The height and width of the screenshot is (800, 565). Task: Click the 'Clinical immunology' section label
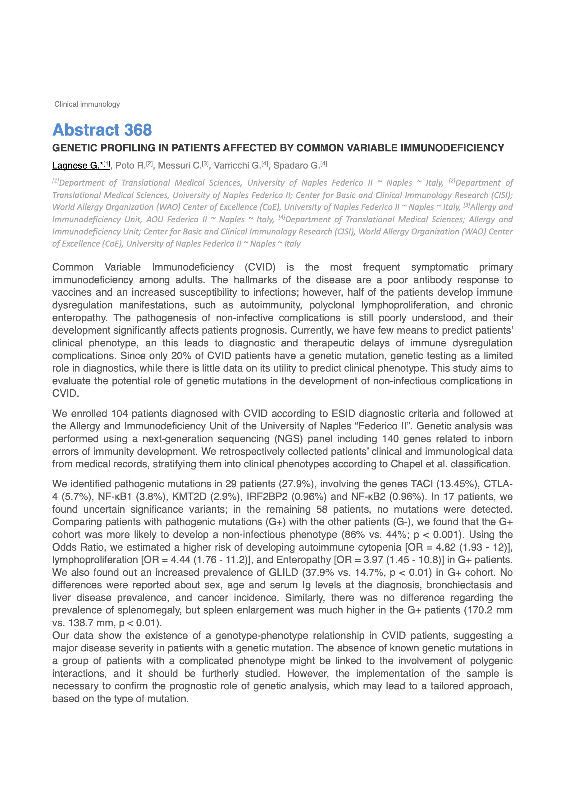tap(87, 104)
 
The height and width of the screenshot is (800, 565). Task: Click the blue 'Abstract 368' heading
tap(102, 130)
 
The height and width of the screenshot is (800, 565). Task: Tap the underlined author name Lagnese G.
tap(76, 165)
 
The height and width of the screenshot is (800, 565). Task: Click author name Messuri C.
tap(180, 165)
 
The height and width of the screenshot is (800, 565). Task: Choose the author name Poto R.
tap(130, 165)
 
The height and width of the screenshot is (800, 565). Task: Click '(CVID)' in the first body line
tap(260, 267)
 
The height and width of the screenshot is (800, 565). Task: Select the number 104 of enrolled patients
tap(119, 414)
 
